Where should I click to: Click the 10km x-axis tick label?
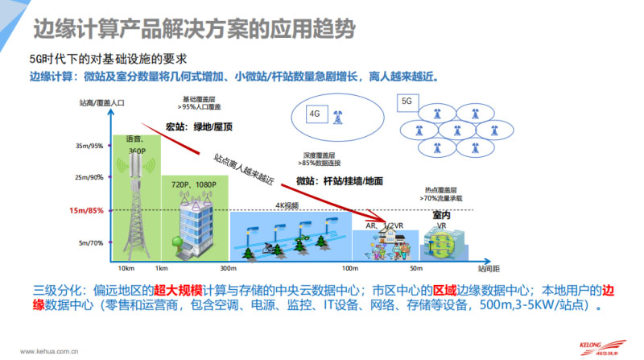coord(126,268)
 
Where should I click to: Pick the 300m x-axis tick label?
coord(228,268)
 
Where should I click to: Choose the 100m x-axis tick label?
coord(349,268)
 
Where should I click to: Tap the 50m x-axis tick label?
coord(416,268)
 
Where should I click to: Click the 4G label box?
coord(315,114)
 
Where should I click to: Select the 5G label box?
coord(407,102)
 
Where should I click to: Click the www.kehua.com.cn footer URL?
coord(55,351)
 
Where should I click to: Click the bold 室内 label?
coord(442,215)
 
